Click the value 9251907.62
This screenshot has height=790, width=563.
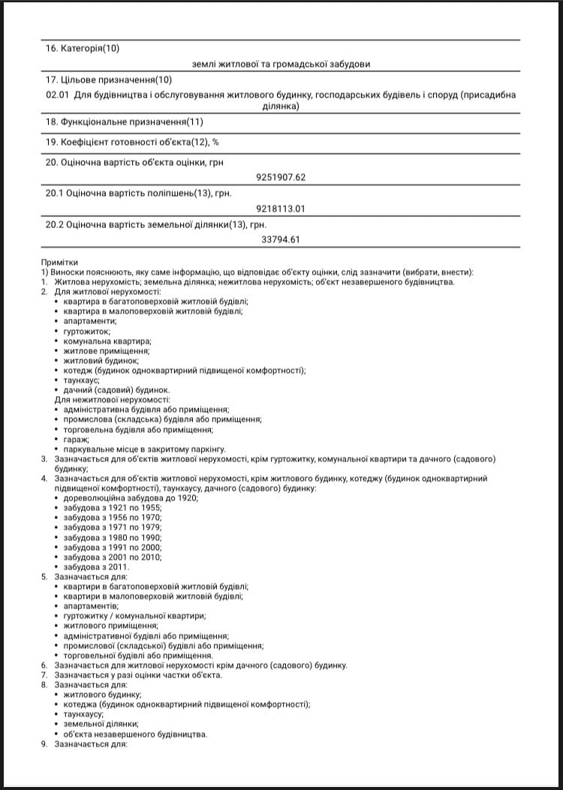(281, 177)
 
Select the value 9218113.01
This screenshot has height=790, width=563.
(281, 209)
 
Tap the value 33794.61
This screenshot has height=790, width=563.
(281, 240)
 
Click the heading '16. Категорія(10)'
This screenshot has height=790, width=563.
(83, 49)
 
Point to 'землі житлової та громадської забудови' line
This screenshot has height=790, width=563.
(281, 65)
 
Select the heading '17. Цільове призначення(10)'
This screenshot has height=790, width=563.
(109, 80)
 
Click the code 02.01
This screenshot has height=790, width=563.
(57, 95)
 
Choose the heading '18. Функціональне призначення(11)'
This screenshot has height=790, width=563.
(124, 122)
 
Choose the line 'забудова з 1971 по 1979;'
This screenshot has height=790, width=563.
(112, 527)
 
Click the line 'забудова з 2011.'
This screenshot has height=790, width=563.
(96, 566)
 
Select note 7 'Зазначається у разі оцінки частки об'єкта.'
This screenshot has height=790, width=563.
(137, 675)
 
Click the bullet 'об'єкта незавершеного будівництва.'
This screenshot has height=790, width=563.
(135, 734)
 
